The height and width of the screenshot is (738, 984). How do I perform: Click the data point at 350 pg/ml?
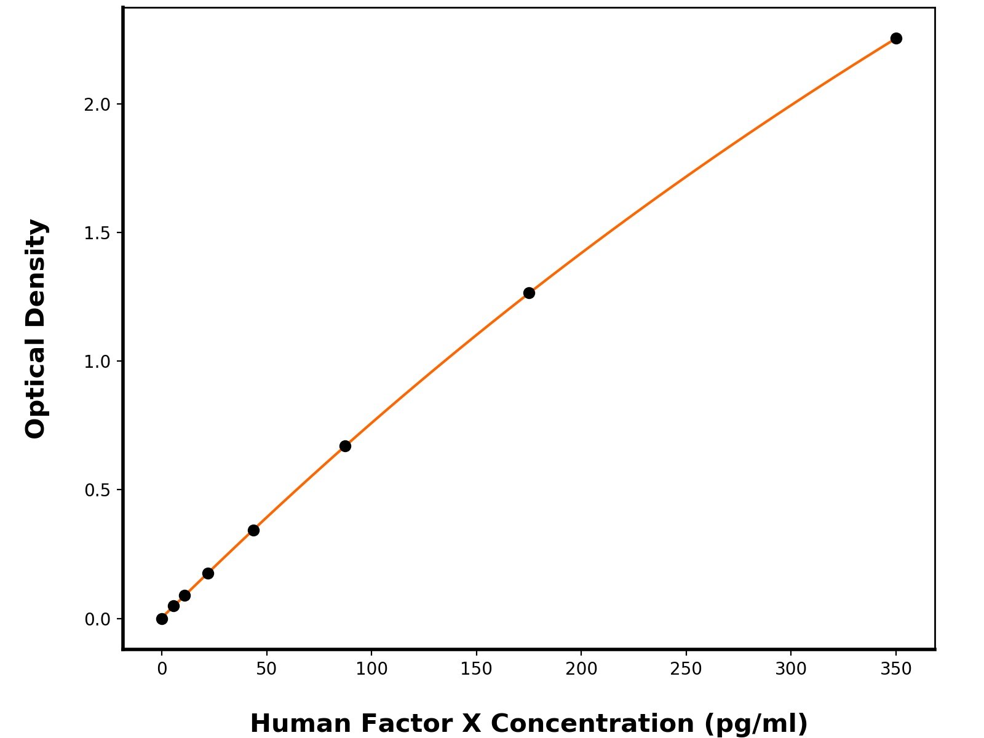tap(896, 38)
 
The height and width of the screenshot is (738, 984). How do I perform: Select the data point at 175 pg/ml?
tap(529, 293)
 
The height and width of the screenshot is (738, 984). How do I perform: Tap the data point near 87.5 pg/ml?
tap(345, 446)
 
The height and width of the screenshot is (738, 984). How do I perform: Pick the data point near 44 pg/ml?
tap(253, 530)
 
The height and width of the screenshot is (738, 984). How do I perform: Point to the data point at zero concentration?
tap(162, 619)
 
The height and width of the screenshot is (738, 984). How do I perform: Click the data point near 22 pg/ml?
tap(208, 573)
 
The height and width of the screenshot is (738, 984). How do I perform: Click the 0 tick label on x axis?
tap(162, 669)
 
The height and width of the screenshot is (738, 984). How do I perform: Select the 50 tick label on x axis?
tap(266, 669)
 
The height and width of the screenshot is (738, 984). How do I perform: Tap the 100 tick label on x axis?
tap(371, 669)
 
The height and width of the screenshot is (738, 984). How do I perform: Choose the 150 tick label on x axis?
tap(476, 669)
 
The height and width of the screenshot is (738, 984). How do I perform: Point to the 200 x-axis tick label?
tap(581, 669)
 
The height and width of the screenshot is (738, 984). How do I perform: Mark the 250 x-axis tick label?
tap(686, 669)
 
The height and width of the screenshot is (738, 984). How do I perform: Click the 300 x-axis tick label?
tap(791, 669)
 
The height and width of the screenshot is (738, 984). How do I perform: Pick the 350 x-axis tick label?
tap(896, 669)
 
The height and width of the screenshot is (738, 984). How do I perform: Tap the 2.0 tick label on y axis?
tap(97, 105)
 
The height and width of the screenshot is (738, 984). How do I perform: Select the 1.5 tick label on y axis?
tap(97, 233)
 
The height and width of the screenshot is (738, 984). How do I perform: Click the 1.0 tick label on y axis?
tap(97, 362)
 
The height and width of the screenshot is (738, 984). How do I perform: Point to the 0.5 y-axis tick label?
tap(97, 490)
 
